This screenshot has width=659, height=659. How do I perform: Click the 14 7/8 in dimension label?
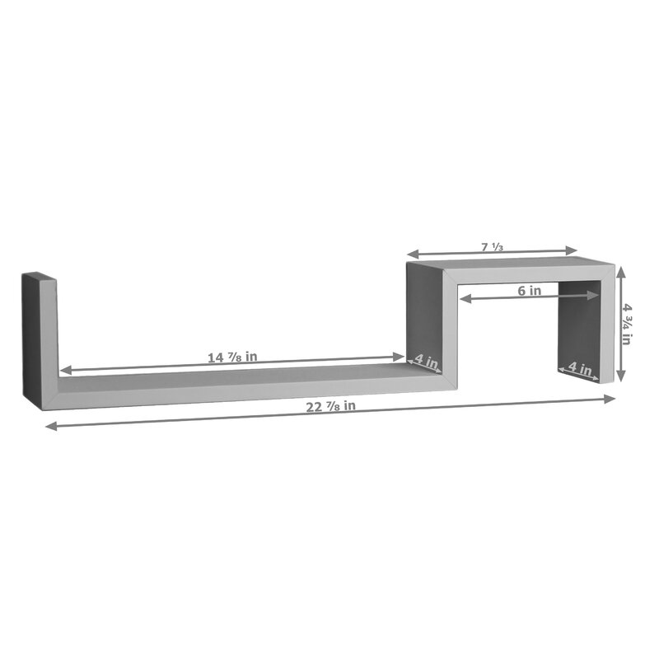coord(233,357)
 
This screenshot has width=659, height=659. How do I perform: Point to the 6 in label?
coord(529,290)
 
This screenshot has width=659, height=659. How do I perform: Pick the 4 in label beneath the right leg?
coord(580,370)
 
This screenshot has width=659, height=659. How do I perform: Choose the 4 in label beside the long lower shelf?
coord(426,360)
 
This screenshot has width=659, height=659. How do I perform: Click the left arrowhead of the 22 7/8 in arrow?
coord(49,426)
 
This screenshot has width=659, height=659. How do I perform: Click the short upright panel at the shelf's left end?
coord(39,338)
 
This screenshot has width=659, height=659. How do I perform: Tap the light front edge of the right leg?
coord(608,329)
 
